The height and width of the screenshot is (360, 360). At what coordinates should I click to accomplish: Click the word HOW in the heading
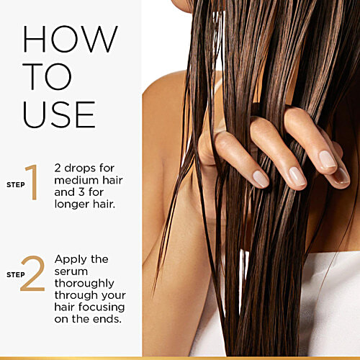(x=71, y=39)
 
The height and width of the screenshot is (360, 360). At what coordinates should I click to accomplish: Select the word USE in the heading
(x=59, y=114)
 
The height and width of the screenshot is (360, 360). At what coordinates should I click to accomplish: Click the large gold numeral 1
(x=32, y=182)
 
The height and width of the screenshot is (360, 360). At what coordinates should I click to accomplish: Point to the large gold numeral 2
(x=33, y=274)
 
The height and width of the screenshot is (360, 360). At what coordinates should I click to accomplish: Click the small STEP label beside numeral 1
(x=16, y=185)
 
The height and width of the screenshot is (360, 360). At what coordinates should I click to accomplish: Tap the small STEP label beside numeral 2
(x=16, y=275)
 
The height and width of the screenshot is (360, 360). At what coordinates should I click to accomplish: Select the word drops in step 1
(x=80, y=168)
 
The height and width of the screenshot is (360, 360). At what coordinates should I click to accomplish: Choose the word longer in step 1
(x=72, y=204)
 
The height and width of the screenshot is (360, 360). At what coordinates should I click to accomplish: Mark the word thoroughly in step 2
(x=84, y=284)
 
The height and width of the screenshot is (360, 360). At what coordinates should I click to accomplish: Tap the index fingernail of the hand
(x=261, y=179)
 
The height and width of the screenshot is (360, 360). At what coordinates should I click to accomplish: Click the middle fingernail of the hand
(x=297, y=176)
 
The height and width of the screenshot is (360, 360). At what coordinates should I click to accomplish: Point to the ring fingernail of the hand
(x=327, y=159)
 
